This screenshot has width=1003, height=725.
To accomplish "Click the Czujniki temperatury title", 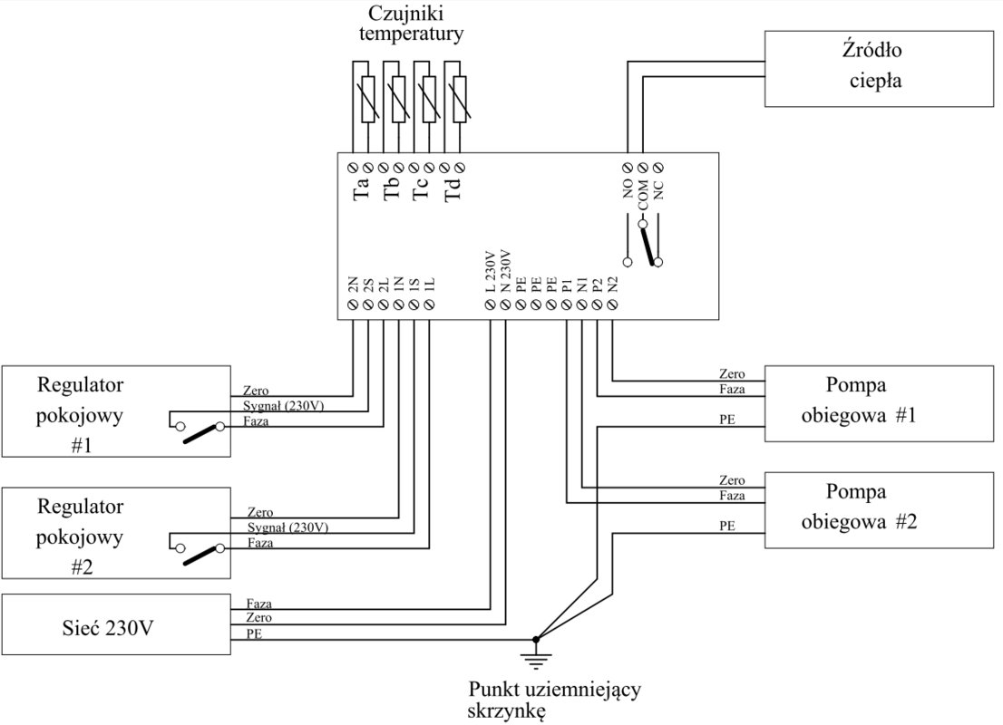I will [x=415, y=26].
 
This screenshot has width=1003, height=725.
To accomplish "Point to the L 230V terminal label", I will [x=491, y=272].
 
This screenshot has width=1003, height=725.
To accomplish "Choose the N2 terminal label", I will [x=614, y=282].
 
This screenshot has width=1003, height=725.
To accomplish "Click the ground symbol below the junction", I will [x=537, y=649].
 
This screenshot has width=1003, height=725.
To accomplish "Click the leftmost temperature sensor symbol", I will [x=367, y=100].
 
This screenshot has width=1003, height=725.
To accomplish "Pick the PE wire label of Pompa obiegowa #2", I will [x=725, y=526].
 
